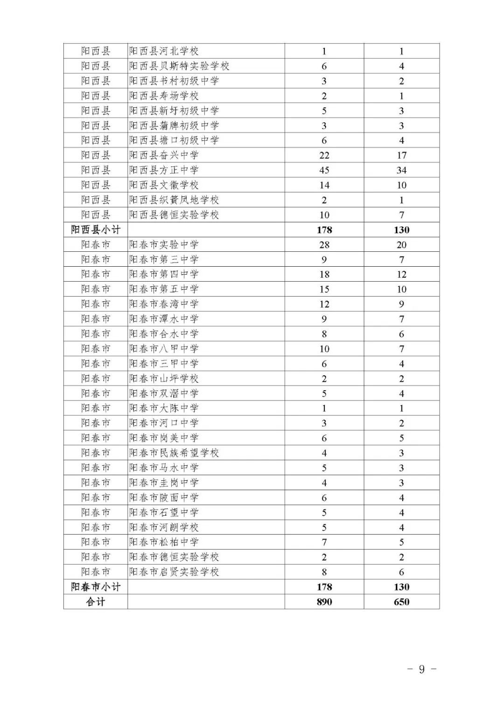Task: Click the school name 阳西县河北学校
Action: coord(164,51)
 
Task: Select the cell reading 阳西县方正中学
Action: coord(164,170)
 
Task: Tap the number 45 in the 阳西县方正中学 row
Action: coord(324,170)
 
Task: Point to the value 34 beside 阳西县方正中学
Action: coord(401,170)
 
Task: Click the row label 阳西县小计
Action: coord(96,229)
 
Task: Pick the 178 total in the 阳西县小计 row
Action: coord(324,230)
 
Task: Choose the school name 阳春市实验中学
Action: coord(164,244)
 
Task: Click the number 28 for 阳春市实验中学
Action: coord(324,245)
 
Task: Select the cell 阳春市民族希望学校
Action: coord(174,453)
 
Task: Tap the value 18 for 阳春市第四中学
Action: coord(324,275)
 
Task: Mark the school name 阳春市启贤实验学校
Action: coord(174,572)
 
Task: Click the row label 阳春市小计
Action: coord(96,587)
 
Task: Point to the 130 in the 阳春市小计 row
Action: coord(401,587)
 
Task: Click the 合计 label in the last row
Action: coord(96,601)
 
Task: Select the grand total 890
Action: coord(324,602)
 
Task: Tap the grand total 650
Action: coord(401,602)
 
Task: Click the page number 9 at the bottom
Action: coord(422,669)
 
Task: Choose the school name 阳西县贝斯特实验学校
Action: coord(179,66)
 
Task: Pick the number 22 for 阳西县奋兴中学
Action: coord(324,155)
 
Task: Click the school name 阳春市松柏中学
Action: coord(164,542)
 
